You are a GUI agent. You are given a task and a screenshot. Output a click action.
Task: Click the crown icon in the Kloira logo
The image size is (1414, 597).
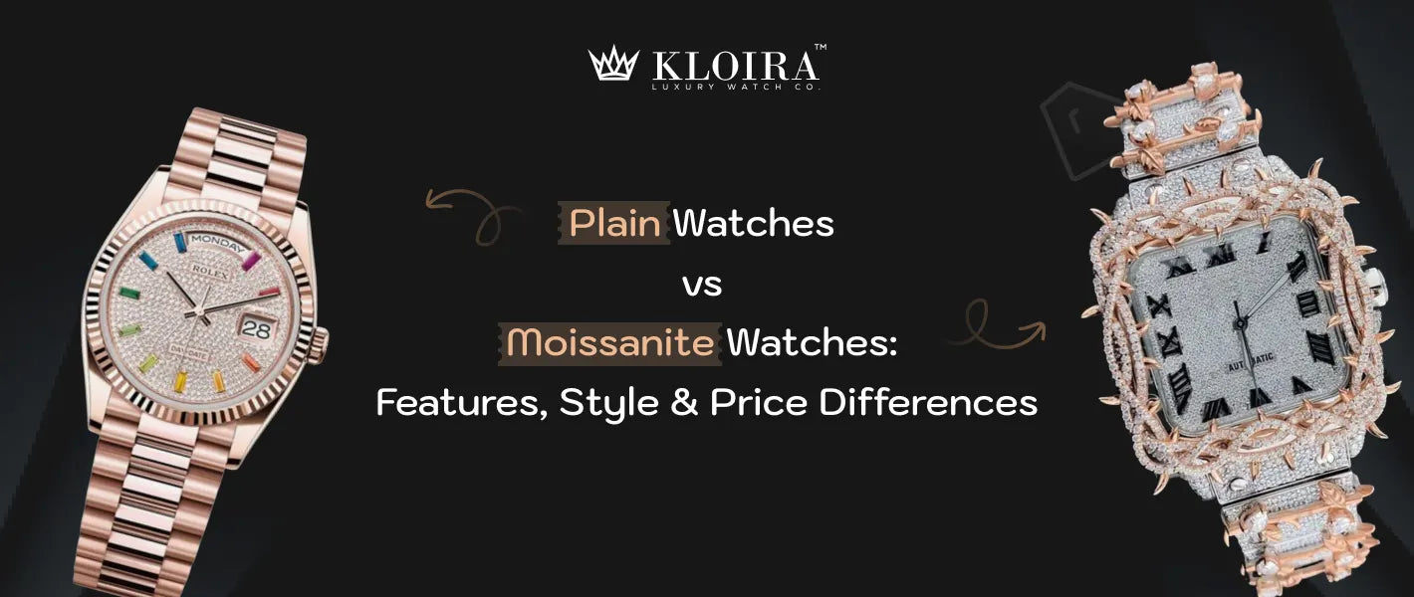[612, 65]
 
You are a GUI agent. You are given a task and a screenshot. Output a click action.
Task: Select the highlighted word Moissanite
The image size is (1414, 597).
[610, 343]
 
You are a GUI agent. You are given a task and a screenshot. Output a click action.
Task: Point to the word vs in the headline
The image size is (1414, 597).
[703, 285]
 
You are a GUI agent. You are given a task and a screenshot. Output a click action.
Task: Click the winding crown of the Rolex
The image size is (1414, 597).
[321, 347]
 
